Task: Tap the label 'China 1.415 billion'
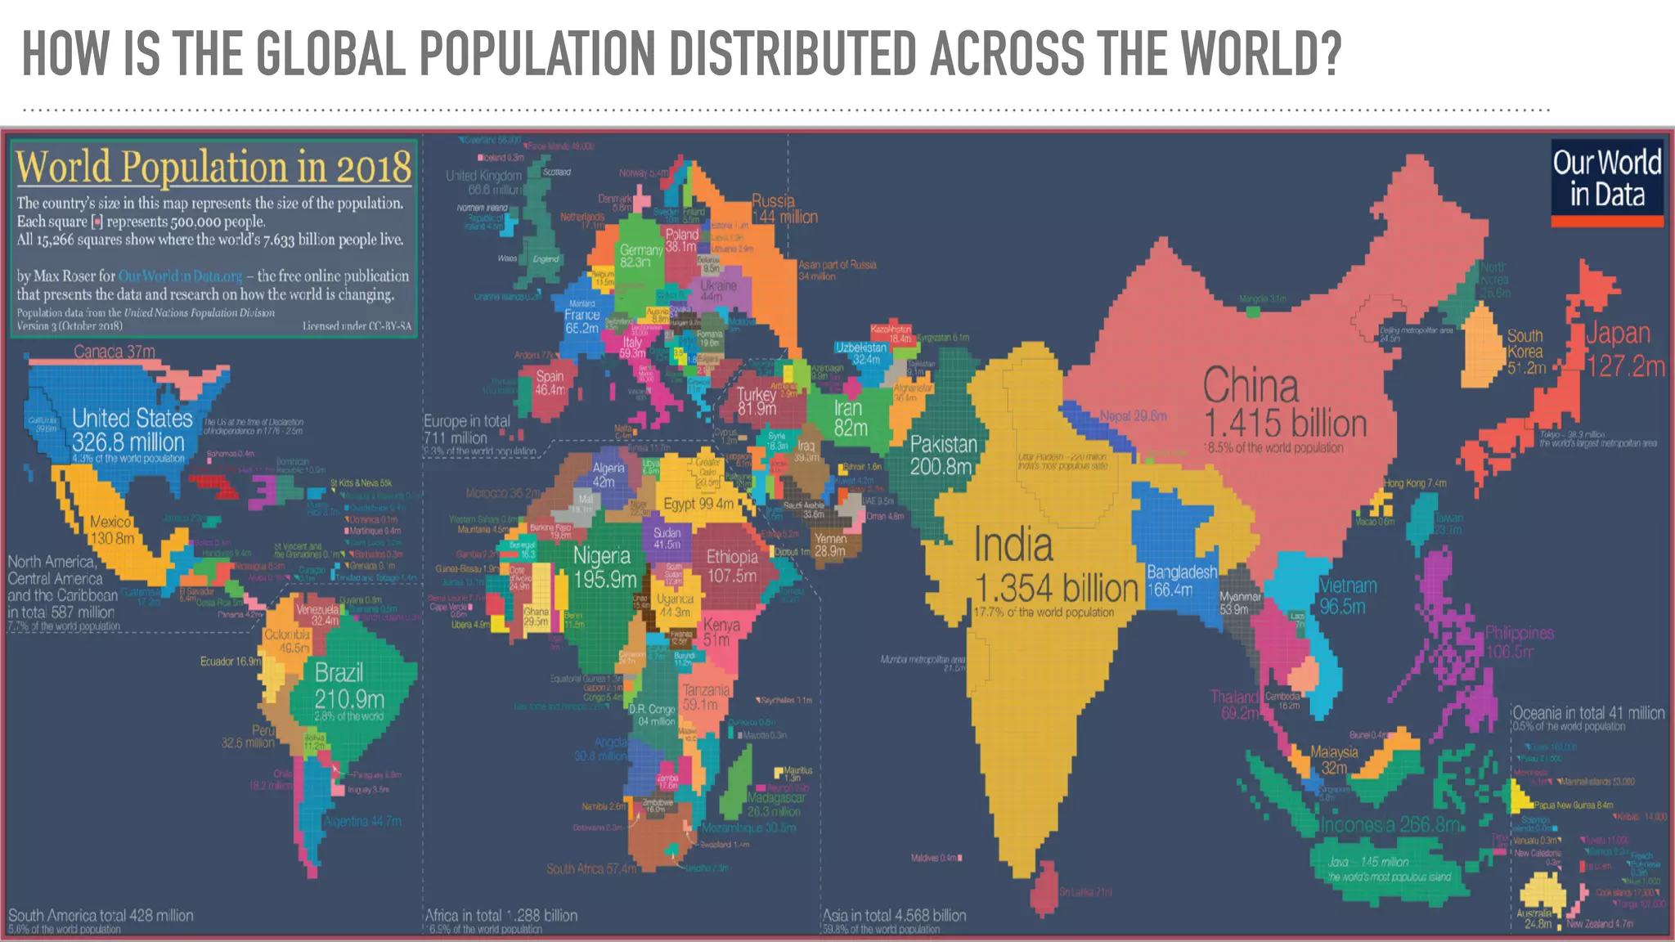pos(1284,405)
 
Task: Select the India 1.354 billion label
pos(1055,567)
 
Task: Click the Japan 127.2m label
pos(1625,349)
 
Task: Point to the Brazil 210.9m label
pos(348,686)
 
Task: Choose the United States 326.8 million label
pos(131,430)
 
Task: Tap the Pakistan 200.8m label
pos(943,455)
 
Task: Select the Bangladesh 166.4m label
pos(1181,580)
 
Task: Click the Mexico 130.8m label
pos(112,530)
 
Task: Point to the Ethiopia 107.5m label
pos(731,566)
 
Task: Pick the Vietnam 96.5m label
pos(1347,595)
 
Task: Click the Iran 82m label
pos(849,417)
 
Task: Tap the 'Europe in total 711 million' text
pos(466,429)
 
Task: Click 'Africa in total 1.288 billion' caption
pos(501,916)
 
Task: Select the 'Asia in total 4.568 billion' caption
pos(894,916)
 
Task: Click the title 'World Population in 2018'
pos(213,167)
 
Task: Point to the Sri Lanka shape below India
pos(1043,888)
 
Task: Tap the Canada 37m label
pos(114,352)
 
